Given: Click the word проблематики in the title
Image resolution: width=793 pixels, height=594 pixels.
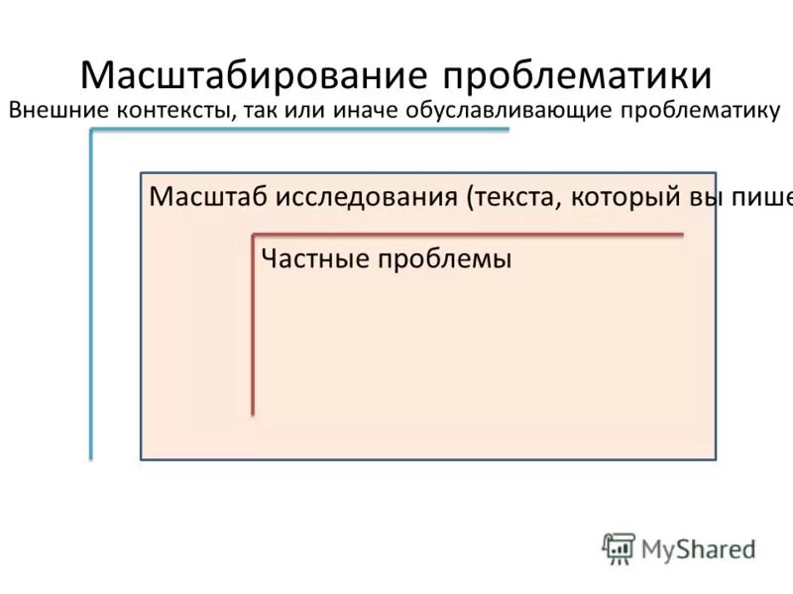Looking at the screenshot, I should click(x=577, y=76).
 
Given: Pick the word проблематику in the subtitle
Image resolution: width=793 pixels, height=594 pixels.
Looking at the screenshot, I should click(x=701, y=110).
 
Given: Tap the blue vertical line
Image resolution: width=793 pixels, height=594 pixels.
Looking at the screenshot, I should click(x=91, y=297).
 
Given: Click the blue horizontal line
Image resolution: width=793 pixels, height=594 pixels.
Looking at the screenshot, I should click(x=297, y=130).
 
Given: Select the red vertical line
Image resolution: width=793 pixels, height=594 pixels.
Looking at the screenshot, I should click(x=253, y=327).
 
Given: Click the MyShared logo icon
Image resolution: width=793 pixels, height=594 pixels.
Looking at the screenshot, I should click(x=619, y=547).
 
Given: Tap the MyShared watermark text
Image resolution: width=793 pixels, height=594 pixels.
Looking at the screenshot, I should click(x=698, y=547).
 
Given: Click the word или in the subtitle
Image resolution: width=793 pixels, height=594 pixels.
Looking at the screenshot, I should click(x=299, y=110).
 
